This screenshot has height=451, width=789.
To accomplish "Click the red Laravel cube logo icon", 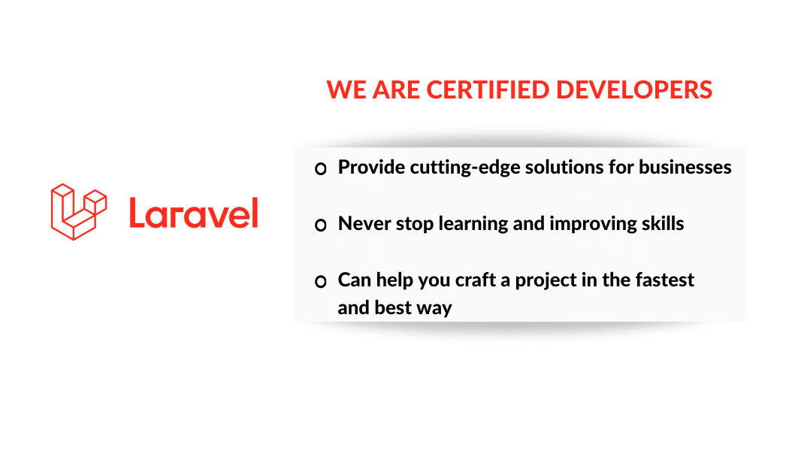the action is [78, 211].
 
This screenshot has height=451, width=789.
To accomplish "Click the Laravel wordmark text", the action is [194, 213].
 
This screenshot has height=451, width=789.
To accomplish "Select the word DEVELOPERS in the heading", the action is [634, 90].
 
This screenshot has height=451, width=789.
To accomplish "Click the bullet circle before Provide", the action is [321, 168].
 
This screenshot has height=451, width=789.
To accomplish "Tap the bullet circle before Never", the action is [321, 225].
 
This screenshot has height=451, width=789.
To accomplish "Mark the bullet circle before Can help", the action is [321, 281].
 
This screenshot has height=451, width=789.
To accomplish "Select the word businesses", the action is [685, 167].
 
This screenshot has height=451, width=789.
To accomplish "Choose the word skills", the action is [663, 223].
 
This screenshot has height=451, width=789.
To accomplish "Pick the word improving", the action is [593, 224].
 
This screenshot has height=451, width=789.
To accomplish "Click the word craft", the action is [476, 280].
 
